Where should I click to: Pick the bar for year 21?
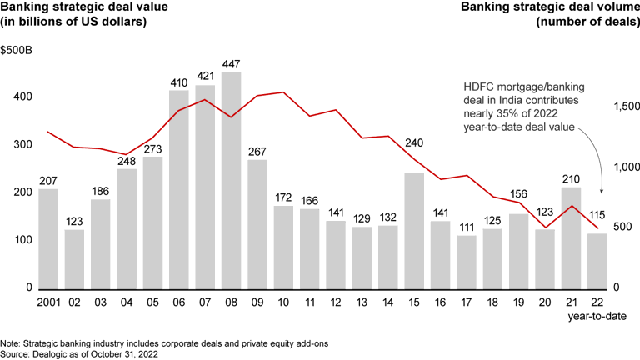[x=571, y=237]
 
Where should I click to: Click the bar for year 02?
[x=74, y=257]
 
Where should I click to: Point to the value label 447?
[x=232, y=64]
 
